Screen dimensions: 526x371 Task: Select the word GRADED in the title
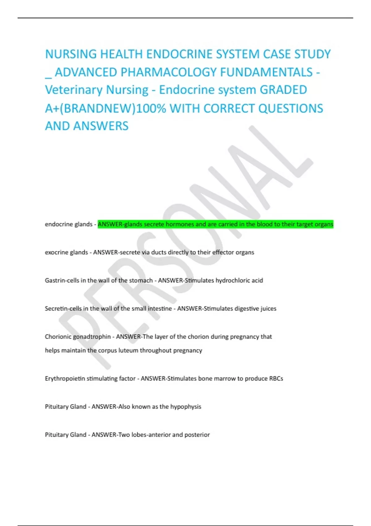pos(283,90)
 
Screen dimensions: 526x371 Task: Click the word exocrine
pos(56,252)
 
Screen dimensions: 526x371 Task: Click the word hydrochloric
pos(233,281)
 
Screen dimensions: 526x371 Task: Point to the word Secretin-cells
pos(63,308)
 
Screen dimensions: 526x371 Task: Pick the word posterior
pos(197,435)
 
